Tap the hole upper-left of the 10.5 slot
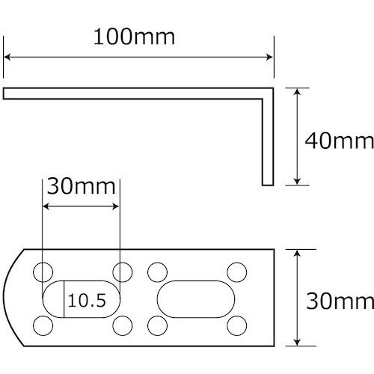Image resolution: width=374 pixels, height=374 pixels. (43, 271)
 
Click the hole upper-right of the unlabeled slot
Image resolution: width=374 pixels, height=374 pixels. (236, 271)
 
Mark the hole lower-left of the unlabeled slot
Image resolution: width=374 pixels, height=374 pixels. (158, 325)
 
